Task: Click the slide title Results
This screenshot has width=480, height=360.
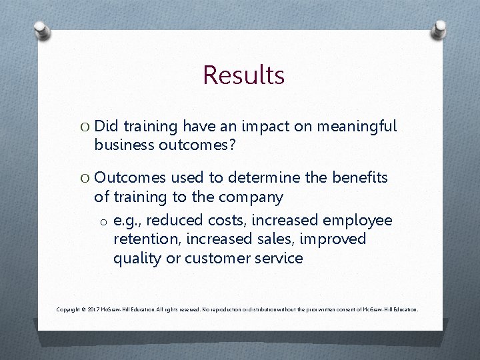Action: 243,75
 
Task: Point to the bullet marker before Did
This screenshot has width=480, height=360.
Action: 84,127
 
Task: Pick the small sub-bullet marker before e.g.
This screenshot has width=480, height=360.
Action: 104,221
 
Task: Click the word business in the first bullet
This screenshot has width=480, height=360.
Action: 125,145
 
